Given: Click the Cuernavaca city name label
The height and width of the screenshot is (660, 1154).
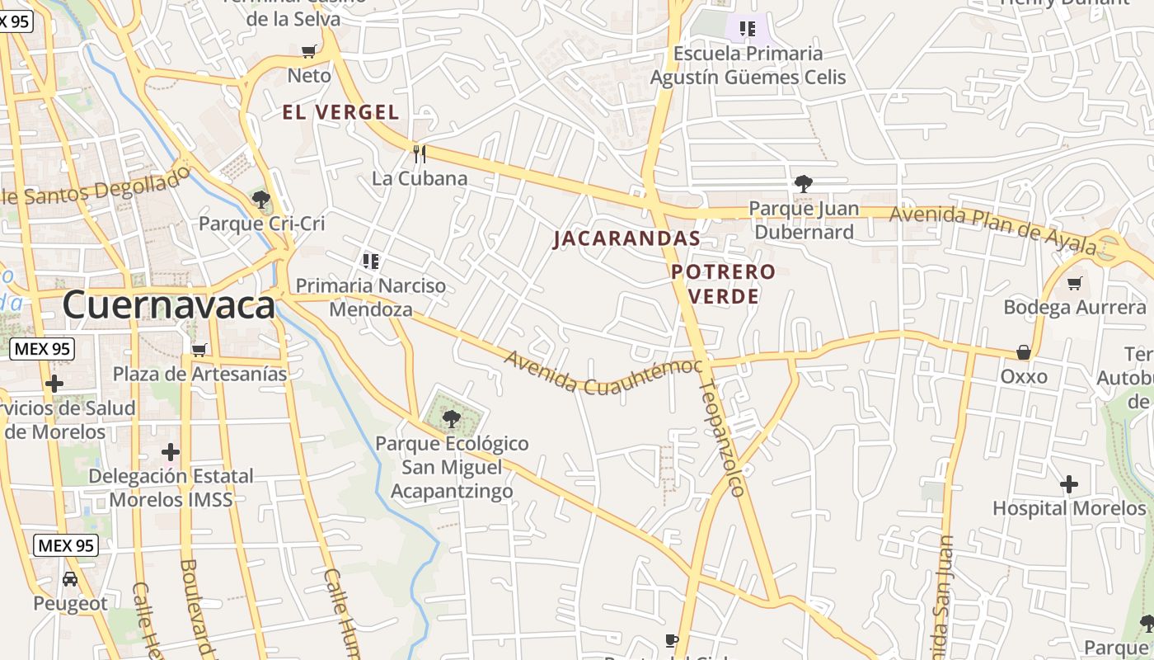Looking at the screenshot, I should pos(168,305).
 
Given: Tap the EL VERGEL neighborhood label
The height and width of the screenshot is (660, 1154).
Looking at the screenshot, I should pos(340,112).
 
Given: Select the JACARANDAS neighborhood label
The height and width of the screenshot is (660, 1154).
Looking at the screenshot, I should pos(626,238).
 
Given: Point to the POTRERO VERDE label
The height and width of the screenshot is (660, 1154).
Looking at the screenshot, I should pos(723,283).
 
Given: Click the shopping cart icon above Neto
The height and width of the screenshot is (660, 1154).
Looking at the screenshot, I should pos(309,52).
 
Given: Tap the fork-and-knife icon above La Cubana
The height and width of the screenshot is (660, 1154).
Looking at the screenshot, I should pos(420,153).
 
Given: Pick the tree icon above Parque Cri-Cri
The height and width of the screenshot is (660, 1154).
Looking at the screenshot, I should pos(261,199).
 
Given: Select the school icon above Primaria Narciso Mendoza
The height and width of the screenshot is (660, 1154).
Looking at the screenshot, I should pos(371,262).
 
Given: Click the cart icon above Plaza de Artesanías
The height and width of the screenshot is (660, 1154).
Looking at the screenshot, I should pos(199,350).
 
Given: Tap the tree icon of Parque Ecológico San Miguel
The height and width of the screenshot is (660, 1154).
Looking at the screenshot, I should pos(451,419).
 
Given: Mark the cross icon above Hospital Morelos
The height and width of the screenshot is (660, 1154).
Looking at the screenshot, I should pos(1069,483).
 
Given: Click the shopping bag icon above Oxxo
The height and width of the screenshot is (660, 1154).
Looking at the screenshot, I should pos(1024,352).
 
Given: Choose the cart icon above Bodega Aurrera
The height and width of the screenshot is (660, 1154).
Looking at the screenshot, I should pos(1074,284).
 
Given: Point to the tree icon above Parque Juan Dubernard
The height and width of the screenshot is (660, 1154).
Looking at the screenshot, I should pos(803,184).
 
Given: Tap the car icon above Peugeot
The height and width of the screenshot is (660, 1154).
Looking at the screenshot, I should pos(70,578).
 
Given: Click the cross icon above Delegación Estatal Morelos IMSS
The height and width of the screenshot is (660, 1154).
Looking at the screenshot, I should pos(171,452).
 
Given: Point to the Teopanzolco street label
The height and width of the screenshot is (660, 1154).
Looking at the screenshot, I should pos(723,437).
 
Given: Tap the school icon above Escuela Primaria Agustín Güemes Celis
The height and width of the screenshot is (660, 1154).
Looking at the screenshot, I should pos(748,30).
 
